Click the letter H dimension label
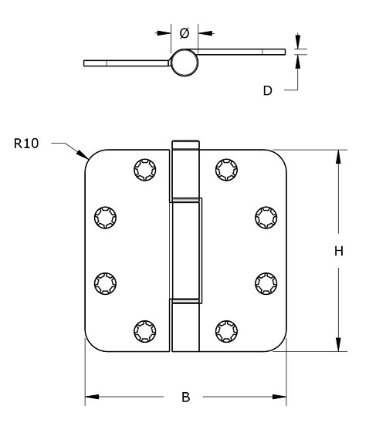point(338,251)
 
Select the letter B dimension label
point(185,398)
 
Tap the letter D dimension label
point(267,90)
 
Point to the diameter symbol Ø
point(185,33)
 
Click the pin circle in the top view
point(185,63)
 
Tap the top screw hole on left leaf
point(144,168)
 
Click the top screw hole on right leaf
point(225,168)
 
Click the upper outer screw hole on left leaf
point(104,218)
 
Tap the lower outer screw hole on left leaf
point(104,283)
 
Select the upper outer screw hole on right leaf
point(265,218)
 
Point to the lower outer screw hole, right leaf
point(265,283)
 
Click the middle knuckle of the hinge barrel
point(185,249)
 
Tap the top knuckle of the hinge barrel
point(185,170)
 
